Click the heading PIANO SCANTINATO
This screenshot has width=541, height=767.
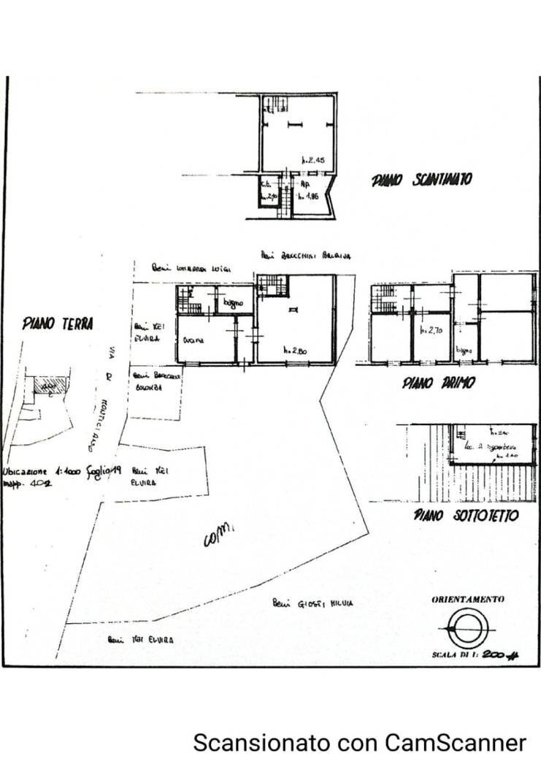click(x=422, y=180)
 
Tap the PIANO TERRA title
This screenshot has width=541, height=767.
click(x=57, y=323)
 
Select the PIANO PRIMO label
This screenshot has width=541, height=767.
click(x=438, y=383)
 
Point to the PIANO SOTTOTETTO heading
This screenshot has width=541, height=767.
click(x=466, y=516)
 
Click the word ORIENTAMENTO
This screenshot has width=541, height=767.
click(x=467, y=599)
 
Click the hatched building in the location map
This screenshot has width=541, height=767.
click(x=50, y=385)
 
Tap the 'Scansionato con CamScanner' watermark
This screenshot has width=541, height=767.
click(x=359, y=743)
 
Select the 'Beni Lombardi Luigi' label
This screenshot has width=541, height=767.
click(x=192, y=269)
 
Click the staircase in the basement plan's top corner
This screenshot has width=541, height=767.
click(x=275, y=104)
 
